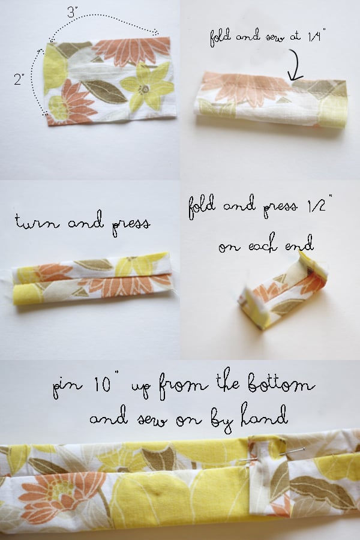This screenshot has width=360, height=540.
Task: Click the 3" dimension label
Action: tap(71, 13)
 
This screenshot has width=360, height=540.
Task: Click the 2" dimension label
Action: tap(19, 79)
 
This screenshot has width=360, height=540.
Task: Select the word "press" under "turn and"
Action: tap(131, 226)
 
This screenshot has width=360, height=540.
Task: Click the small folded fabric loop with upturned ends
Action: tap(282, 292)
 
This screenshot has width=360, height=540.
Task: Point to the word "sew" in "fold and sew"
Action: tap(275, 37)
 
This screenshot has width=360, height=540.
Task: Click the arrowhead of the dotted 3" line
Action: tap(156, 32)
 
